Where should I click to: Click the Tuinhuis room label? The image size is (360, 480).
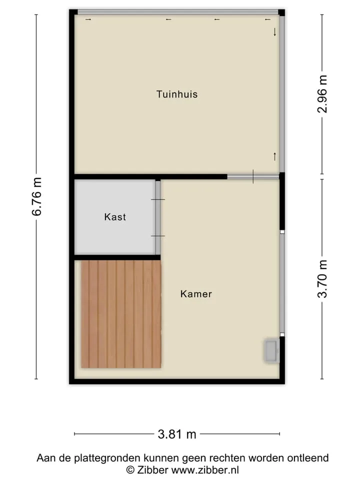(177, 94)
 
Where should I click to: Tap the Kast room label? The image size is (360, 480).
(115, 217)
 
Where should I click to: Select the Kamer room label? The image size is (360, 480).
(196, 294)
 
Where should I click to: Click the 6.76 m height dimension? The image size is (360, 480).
(36, 196)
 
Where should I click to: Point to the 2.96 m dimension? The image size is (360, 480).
(322, 94)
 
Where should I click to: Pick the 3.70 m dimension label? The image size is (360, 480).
(322, 279)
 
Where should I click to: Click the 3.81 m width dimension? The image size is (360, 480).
(177, 434)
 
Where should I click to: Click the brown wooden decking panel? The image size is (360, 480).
(121, 314)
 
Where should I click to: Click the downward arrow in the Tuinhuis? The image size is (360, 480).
(275, 32)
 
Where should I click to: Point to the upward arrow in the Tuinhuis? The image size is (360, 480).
(275, 156)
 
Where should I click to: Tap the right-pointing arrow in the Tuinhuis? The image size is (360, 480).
(88, 19)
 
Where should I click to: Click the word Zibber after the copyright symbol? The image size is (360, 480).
(152, 470)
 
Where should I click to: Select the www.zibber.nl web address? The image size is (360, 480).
(205, 470)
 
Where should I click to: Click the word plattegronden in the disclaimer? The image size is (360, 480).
(109, 458)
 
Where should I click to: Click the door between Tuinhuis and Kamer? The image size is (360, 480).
(253, 176)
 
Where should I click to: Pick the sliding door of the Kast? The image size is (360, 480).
(158, 217)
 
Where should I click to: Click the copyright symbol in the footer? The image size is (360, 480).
(130, 470)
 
